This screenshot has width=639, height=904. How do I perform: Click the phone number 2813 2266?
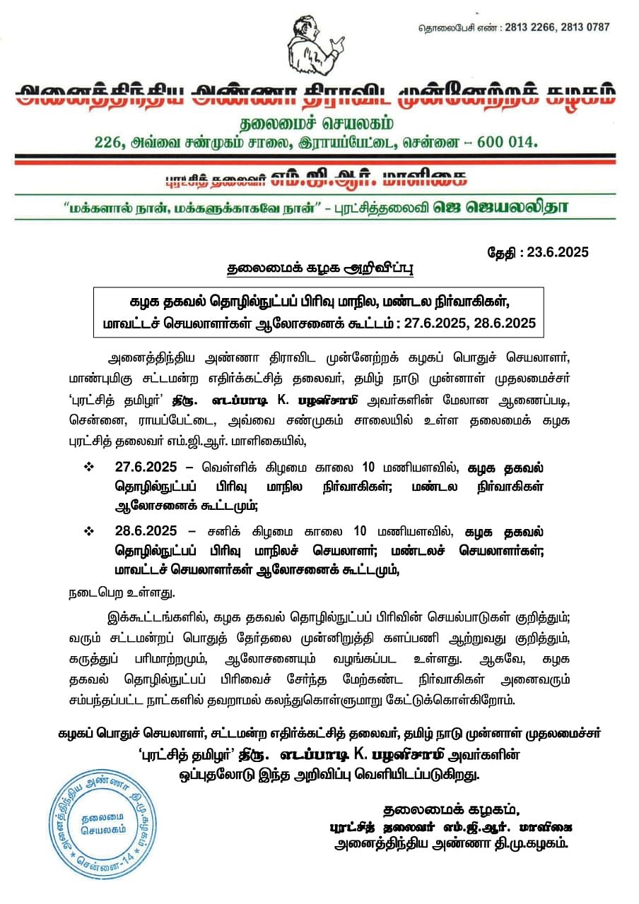click(x=531, y=28)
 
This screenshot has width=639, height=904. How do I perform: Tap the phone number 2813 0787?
click(x=584, y=28)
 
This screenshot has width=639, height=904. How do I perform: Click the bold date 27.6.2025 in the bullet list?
click(x=146, y=468)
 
